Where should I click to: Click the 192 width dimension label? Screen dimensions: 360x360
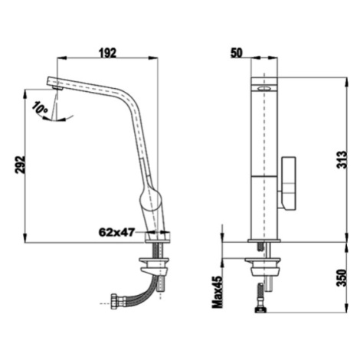pyautogui.click(x=107, y=53)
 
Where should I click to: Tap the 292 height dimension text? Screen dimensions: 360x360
pyautogui.click(x=21, y=165)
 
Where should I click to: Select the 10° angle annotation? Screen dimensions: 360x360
pyautogui.click(x=40, y=107)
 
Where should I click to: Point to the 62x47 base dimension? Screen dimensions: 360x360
pyautogui.click(x=116, y=232)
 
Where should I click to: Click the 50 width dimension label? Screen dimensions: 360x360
pyautogui.click(x=237, y=53)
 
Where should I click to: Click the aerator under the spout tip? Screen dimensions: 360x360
pyautogui.click(x=58, y=88)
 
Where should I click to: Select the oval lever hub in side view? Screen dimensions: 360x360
pyautogui.click(x=151, y=198)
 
